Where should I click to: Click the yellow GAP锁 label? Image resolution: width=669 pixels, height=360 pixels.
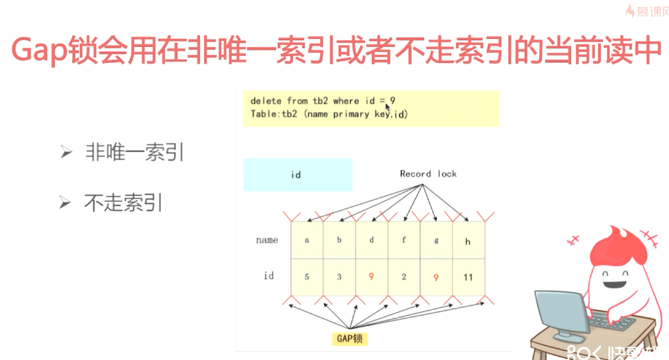[349, 339]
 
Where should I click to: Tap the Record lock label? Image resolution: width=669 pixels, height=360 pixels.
[428, 174]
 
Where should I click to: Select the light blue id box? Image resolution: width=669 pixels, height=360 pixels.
[298, 175]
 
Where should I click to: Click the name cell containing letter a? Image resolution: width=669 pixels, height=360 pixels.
[307, 240]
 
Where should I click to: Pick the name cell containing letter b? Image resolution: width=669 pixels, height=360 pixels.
[340, 240]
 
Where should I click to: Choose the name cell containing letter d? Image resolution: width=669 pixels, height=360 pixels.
[372, 240]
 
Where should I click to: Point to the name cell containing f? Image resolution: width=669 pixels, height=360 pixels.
[404, 240]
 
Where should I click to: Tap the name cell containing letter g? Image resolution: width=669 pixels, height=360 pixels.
[436, 240]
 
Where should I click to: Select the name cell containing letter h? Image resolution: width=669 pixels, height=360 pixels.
[468, 240]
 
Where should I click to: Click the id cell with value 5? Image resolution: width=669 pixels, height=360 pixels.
[307, 277]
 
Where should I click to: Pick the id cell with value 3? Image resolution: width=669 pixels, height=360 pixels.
[340, 277]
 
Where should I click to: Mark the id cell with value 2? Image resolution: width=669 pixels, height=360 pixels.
[404, 277]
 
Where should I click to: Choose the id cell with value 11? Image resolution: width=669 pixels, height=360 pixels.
[468, 277]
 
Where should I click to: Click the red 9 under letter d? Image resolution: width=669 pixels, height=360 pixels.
[371, 277]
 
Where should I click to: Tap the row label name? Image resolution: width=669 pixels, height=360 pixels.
[267, 240]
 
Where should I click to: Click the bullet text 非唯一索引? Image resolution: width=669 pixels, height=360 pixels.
[135, 152]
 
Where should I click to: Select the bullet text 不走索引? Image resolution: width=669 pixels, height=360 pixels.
[123, 203]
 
